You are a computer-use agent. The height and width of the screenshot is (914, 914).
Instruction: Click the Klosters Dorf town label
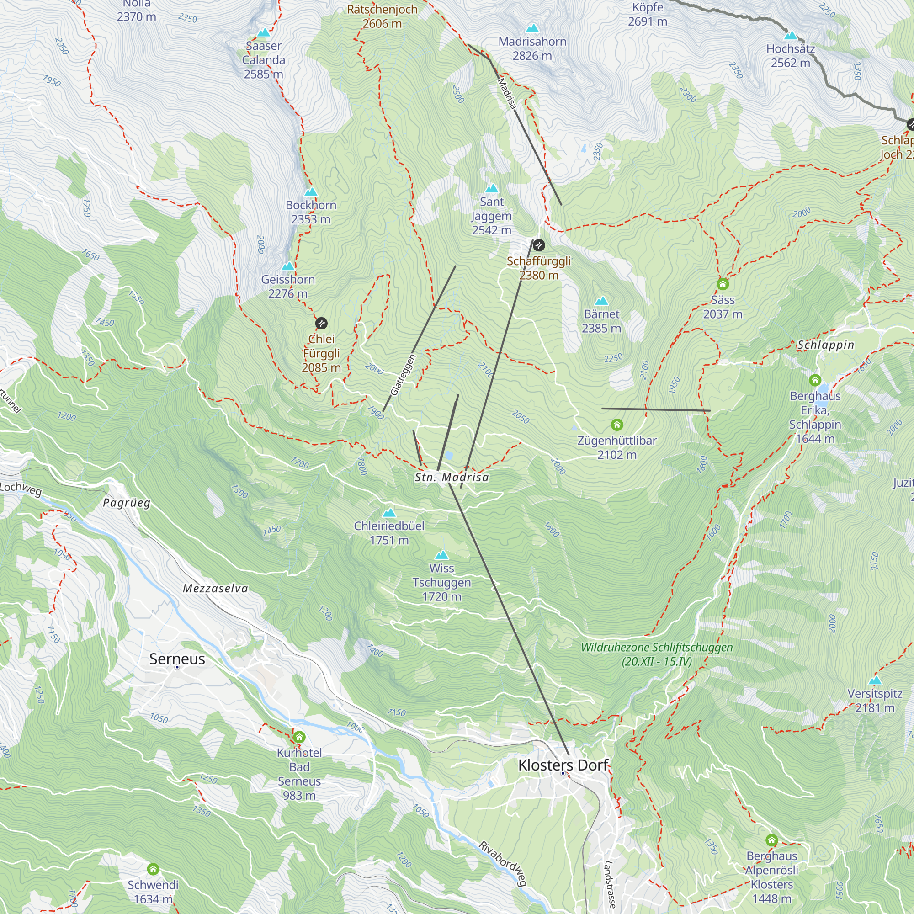coord(563,765)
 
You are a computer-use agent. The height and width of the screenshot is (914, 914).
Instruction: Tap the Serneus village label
coord(177,659)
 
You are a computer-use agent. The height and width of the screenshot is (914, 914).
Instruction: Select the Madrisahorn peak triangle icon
coord(532,28)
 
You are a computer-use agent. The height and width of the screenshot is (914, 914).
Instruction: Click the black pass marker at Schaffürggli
coord(538,245)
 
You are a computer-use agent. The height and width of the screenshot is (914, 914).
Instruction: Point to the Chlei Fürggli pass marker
coord(321,323)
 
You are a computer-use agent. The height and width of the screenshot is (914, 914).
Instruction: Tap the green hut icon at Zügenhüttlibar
coord(617,425)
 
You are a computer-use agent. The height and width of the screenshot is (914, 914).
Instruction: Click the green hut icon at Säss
coord(723,284)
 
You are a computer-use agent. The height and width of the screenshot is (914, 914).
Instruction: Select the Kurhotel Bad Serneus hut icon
coord(299,737)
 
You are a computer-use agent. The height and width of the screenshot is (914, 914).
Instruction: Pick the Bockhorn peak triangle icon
coord(311,191)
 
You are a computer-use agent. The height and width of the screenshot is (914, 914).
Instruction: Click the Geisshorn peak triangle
coord(288,266)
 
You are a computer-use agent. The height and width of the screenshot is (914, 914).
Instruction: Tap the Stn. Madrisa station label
coord(452,478)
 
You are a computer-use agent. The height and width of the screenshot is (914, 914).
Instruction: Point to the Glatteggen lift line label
coord(403,375)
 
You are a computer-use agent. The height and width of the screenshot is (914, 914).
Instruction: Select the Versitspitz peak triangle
coord(875,680)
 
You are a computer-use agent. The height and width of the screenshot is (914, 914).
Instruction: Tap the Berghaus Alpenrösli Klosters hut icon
coord(771,840)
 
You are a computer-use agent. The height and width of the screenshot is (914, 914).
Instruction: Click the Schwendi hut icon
coord(153,869)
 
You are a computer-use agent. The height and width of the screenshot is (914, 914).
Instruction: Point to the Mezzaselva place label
coord(215,589)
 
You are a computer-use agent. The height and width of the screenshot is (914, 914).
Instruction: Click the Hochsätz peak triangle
coord(791,36)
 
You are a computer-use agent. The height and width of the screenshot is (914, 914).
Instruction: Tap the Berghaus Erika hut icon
coord(815,380)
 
